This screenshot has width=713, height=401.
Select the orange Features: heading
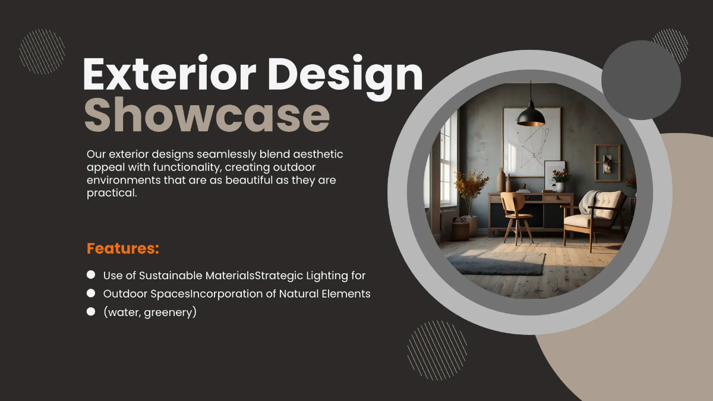tap(123, 248)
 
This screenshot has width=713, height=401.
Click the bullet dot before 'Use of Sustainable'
tap(91, 274)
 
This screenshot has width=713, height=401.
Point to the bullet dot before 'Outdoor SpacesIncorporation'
tap(91, 293)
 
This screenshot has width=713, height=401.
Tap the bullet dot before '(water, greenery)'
tap(91, 311)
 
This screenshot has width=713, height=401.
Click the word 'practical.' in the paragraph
tap(112, 194)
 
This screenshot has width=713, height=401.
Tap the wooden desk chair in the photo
tap(515, 214)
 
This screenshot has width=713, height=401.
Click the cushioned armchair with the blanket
tap(594, 214)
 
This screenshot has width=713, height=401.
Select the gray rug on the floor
tap(497, 262)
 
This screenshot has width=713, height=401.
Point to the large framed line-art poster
tap(531, 143)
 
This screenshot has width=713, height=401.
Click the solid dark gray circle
tap(641, 80)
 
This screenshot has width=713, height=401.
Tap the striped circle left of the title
tap(42, 52)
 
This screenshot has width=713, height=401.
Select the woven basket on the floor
tap(460, 228)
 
